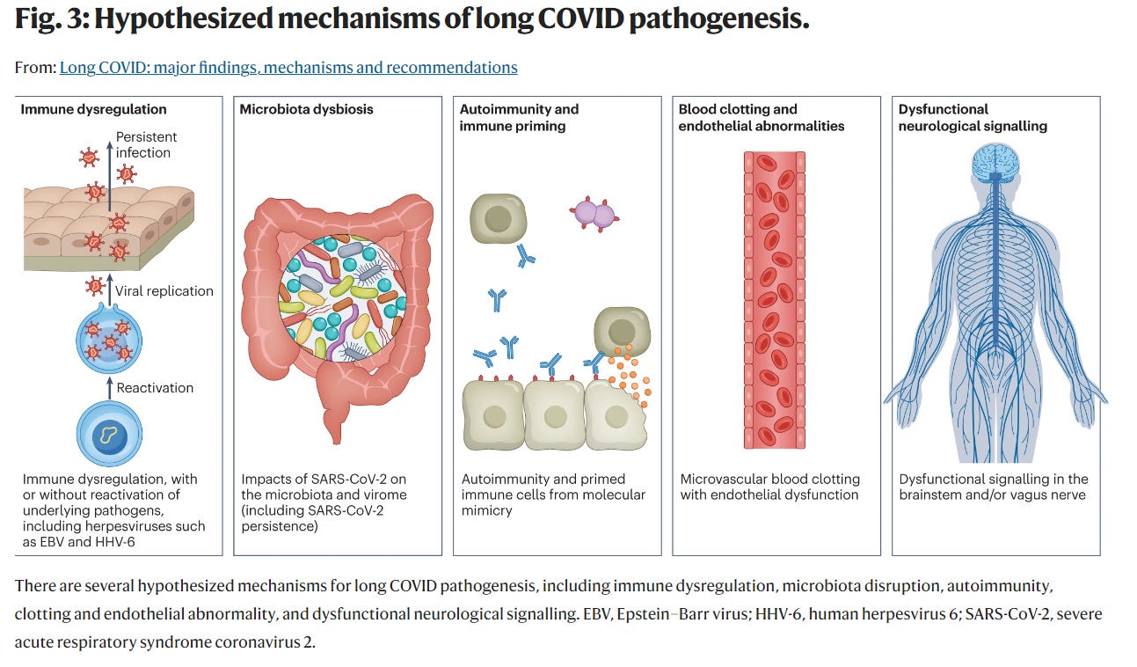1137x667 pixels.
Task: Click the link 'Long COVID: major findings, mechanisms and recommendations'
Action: (x=288, y=68)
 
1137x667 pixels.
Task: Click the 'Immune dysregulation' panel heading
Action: (x=94, y=110)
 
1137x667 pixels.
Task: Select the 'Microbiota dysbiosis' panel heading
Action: (x=307, y=110)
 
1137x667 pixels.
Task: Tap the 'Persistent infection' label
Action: (x=146, y=144)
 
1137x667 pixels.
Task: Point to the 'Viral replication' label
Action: (x=164, y=290)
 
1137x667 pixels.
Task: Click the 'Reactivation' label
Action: (x=155, y=387)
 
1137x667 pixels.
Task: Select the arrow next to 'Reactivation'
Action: (x=109, y=386)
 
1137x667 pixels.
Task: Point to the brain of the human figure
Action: (x=995, y=164)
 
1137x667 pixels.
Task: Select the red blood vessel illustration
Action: (x=775, y=299)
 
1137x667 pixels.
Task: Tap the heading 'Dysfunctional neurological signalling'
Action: (x=973, y=118)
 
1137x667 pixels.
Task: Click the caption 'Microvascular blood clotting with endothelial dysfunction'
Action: (x=769, y=487)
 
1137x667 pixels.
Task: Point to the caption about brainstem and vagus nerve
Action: (x=994, y=487)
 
